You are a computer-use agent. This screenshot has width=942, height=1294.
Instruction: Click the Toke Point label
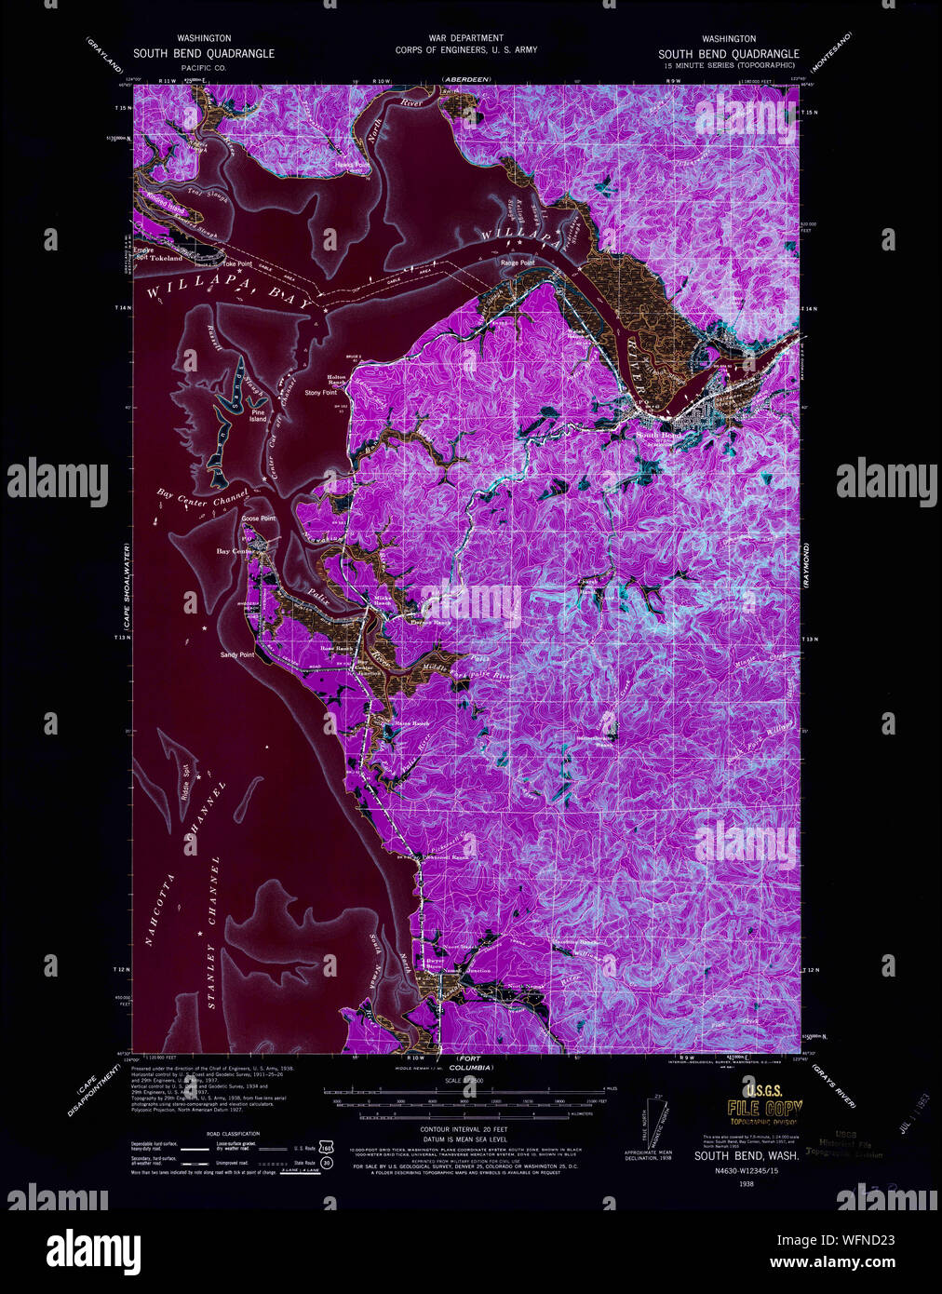pyautogui.click(x=237, y=264)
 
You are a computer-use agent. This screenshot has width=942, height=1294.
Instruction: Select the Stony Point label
pyautogui.click(x=320, y=393)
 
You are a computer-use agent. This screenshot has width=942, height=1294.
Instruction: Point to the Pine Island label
pyautogui.click(x=258, y=415)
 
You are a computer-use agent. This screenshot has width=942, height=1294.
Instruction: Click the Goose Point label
pyautogui.click(x=258, y=519)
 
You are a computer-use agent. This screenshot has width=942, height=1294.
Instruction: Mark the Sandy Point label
pyautogui.click(x=237, y=655)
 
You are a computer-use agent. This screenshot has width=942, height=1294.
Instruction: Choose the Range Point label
pyautogui.click(x=518, y=263)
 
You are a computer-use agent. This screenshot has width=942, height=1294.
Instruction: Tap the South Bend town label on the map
pyautogui.click(x=659, y=435)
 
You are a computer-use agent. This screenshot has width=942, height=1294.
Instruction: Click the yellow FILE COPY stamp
pyautogui.click(x=764, y=1109)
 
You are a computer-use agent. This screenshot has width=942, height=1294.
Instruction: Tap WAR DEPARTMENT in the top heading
pyautogui.click(x=465, y=38)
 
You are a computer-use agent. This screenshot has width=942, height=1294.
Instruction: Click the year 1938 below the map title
pyautogui.click(x=746, y=1184)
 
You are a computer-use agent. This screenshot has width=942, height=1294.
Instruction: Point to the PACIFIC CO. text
pyautogui.click(x=204, y=68)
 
